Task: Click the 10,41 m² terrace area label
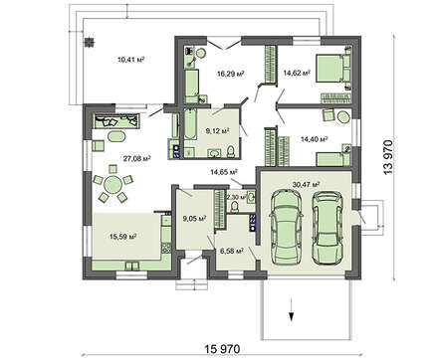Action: tap(131, 60)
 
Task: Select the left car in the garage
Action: tap(286, 227)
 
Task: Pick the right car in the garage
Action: tap(328, 228)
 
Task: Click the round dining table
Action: tap(112, 184)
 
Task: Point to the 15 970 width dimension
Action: tap(222, 349)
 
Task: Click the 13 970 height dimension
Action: tap(387, 157)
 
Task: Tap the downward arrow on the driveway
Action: tap(292, 309)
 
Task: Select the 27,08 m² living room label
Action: tap(137, 158)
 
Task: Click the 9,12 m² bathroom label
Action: tap(218, 131)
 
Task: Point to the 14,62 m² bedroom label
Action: tap(297, 73)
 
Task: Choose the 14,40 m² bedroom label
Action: tap(315, 139)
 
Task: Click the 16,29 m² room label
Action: tap(231, 74)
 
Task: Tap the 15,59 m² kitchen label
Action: tap(123, 237)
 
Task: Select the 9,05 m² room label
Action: tap(194, 218)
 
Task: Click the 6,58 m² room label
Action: tap(232, 251)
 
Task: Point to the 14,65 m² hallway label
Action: tap(224, 172)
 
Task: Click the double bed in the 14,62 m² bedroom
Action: tap(332, 68)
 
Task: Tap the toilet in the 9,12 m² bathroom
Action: tap(231, 151)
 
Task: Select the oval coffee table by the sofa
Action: tap(116, 136)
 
